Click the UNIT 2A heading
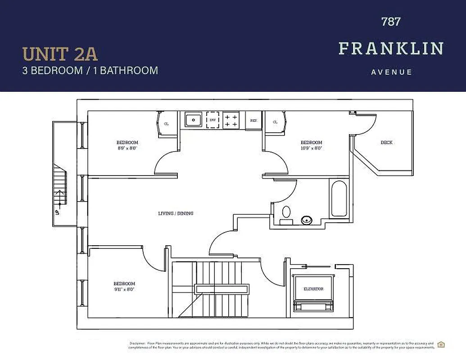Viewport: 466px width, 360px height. click(60, 54)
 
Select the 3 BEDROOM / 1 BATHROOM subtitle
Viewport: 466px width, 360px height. click(90, 71)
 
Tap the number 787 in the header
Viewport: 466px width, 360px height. click(390, 21)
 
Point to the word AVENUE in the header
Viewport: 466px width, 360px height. click(391, 72)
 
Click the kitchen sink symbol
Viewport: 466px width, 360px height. click(194, 120)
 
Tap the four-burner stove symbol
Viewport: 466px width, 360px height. click(231, 120)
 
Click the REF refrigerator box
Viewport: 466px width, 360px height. click(253, 121)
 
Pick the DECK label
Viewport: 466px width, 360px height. click(386, 143)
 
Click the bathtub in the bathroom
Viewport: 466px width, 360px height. click(339, 198)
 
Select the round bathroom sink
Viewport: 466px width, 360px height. click(307, 220)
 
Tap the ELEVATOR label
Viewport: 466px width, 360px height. click(313, 289)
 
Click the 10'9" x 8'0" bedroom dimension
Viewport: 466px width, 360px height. click(311, 148)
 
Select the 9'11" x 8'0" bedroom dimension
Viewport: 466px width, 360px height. click(124, 289)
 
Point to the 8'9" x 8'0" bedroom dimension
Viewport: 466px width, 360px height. click(127, 148)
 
